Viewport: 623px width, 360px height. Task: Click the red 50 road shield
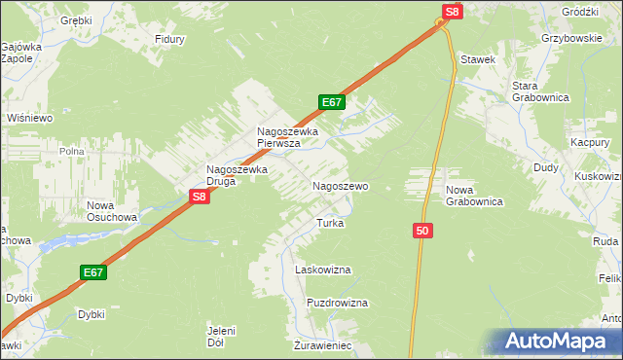click(421, 231)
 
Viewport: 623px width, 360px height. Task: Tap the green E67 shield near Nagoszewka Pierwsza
click(331, 102)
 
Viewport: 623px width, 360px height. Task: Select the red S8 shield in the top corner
click(451, 12)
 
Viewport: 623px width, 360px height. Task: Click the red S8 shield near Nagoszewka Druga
click(199, 197)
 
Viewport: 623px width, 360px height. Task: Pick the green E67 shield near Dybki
click(93, 273)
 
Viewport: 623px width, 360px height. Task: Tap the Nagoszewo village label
click(339, 185)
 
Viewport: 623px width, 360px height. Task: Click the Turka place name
click(330, 223)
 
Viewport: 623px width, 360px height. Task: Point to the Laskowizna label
click(322, 270)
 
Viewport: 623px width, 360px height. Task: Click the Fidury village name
click(170, 40)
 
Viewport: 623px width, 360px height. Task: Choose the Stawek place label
click(479, 59)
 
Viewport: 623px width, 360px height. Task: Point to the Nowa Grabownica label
click(473, 196)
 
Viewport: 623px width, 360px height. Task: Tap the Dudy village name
click(545, 167)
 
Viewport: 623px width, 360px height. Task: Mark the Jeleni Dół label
click(223, 337)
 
